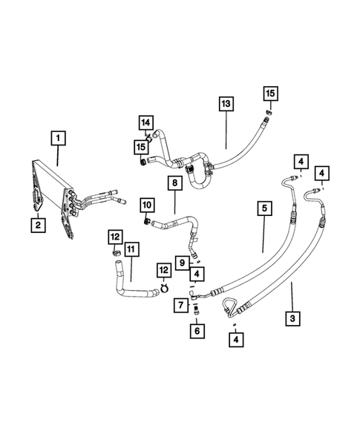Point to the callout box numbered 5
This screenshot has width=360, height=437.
tap(264, 209)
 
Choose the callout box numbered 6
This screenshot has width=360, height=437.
tap(197, 332)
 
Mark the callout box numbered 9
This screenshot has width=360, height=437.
tap(180, 260)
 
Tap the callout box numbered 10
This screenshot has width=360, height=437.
tap(146, 203)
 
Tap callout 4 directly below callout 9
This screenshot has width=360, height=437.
tap(196, 274)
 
